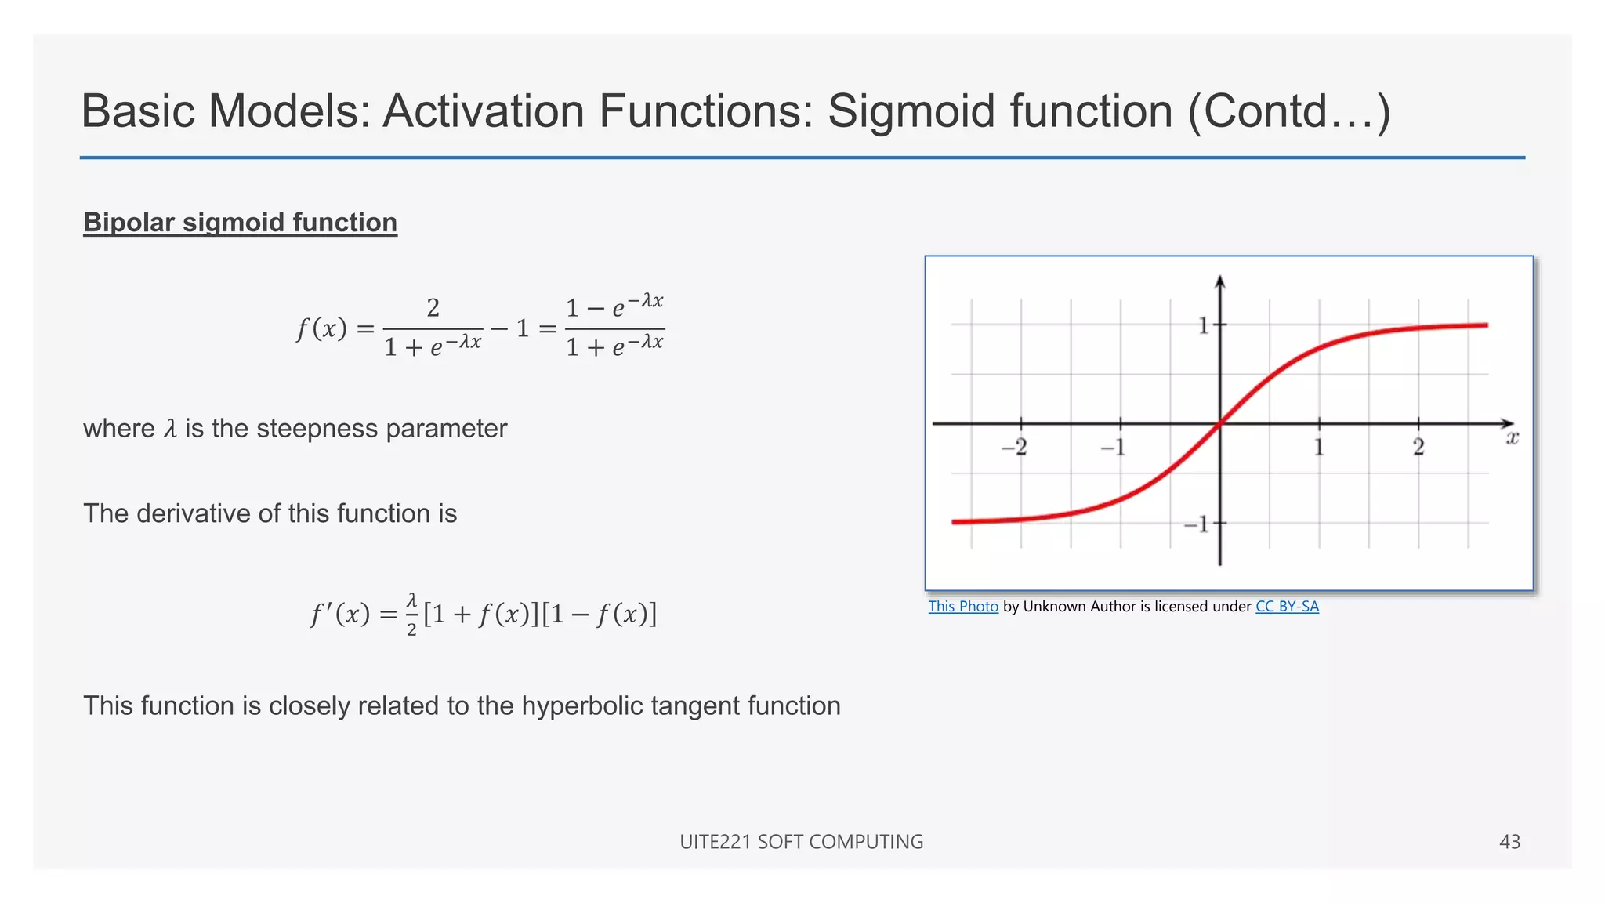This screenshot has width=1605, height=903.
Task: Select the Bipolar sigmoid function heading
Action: tap(240, 223)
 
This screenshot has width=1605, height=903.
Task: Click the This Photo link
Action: tap(963, 607)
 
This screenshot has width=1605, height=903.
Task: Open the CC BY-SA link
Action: tap(1287, 607)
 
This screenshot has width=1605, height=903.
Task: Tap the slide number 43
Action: tap(1509, 842)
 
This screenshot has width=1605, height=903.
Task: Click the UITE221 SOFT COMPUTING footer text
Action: tap(801, 842)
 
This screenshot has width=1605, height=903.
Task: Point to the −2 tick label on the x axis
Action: tap(1014, 448)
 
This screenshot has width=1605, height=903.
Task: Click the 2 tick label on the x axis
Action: tap(1418, 448)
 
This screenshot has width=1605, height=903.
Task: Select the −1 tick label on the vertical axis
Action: tap(1197, 524)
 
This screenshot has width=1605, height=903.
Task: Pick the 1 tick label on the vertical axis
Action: tap(1204, 325)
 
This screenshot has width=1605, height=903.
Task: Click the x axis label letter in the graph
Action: tap(1513, 438)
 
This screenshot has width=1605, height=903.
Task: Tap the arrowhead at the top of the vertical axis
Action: tap(1219, 282)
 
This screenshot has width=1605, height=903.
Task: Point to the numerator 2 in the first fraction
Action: tap(433, 307)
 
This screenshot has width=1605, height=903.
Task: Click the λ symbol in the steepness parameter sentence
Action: tap(170, 429)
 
